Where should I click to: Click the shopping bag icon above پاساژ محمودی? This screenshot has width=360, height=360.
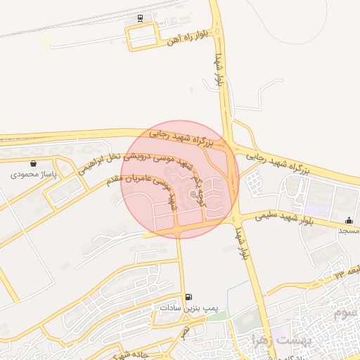[34, 163]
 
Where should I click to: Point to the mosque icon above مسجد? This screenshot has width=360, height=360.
[350, 221]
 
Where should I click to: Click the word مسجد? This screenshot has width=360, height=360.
[349, 231]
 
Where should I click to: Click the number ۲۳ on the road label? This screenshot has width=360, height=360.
[340, 271]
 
